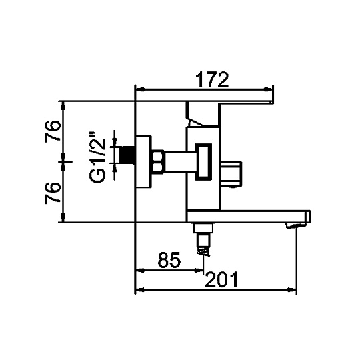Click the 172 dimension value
[212, 79]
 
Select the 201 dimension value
[221, 279]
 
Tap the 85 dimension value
[169, 260]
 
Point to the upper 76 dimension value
[53, 131]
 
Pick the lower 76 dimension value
[53, 193]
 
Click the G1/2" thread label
[97, 157]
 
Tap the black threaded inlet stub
[127, 155]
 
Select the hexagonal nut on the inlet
[158, 161]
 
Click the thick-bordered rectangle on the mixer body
[203, 161]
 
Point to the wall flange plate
[143, 162]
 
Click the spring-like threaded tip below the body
[203, 251]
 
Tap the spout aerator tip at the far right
[296, 225]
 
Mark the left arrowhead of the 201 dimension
[140, 290]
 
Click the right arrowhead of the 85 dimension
[199, 271]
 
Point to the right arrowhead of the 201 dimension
[291, 290]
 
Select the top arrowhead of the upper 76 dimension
[64, 105]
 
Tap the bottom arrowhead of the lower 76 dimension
[64, 218]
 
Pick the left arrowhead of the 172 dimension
[140, 89]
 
